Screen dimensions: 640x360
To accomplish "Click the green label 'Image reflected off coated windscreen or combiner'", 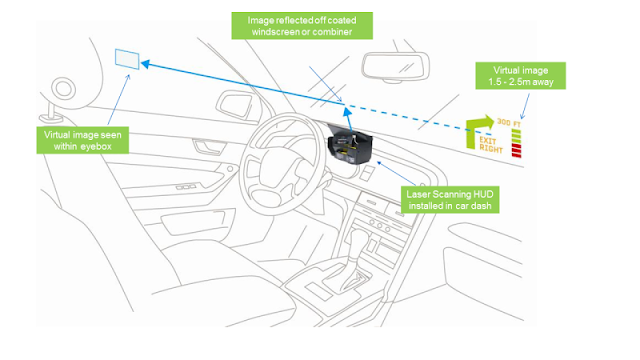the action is point(302,26).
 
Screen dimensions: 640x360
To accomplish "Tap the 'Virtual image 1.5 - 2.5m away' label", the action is point(520,76).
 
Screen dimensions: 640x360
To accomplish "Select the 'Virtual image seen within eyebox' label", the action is point(83,140).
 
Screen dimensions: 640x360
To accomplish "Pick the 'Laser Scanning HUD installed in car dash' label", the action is point(450,200).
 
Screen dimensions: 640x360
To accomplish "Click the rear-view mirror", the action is point(395,66).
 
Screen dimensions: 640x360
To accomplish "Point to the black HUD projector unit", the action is point(350,146).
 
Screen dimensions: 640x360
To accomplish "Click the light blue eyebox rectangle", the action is point(127,59).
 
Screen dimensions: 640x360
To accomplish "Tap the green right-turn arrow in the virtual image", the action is point(479,130).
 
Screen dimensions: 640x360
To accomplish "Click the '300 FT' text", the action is point(509,122).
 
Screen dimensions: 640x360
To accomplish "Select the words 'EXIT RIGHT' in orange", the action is point(490,144).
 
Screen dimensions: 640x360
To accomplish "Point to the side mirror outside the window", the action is point(236,106).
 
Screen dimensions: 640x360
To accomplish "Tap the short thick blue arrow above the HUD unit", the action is point(348,119).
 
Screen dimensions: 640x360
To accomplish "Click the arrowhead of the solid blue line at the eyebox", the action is point(145,64).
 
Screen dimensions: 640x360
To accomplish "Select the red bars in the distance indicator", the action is point(516,150).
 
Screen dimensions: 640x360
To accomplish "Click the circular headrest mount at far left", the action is point(64,89).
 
